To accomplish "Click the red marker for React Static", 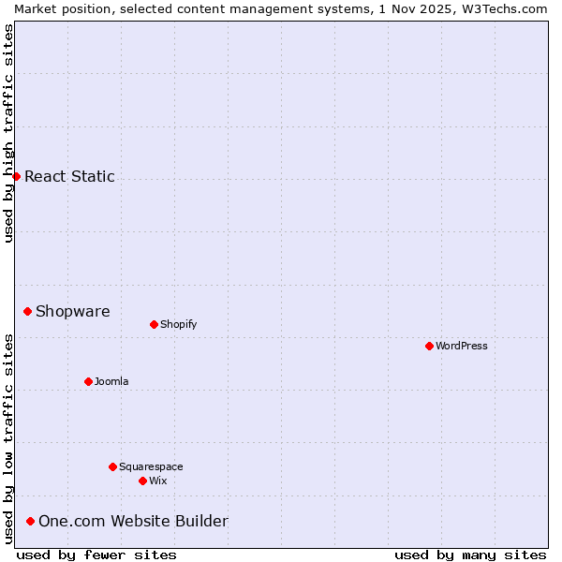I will click(x=16, y=176).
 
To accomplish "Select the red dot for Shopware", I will click(x=27, y=311).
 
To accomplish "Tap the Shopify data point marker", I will click(x=154, y=324).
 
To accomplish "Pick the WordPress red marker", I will click(x=429, y=346).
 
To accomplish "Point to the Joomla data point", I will click(x=88, y=381).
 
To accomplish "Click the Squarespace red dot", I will click(x=112, y=466).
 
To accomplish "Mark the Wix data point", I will click(x=142, y=481).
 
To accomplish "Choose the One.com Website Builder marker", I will click(x=30, y=521).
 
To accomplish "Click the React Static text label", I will click(x=69, y=176).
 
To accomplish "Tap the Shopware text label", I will click(x=72, y=311).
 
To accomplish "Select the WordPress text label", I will click(x=461, y=346).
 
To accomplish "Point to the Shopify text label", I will click(x=178, y=324).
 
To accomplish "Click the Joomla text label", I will click(x=111, y=381).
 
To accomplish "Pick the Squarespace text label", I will click(x=151, y=466).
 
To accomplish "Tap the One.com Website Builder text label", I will click(x=133, y=521).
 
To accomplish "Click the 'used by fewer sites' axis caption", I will click(x=96, y=555).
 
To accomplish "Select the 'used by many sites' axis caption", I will click(x=470, y=555).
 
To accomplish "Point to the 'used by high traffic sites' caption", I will click(x=8, y=133).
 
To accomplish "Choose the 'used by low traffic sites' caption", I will click(x=8, y=438).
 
